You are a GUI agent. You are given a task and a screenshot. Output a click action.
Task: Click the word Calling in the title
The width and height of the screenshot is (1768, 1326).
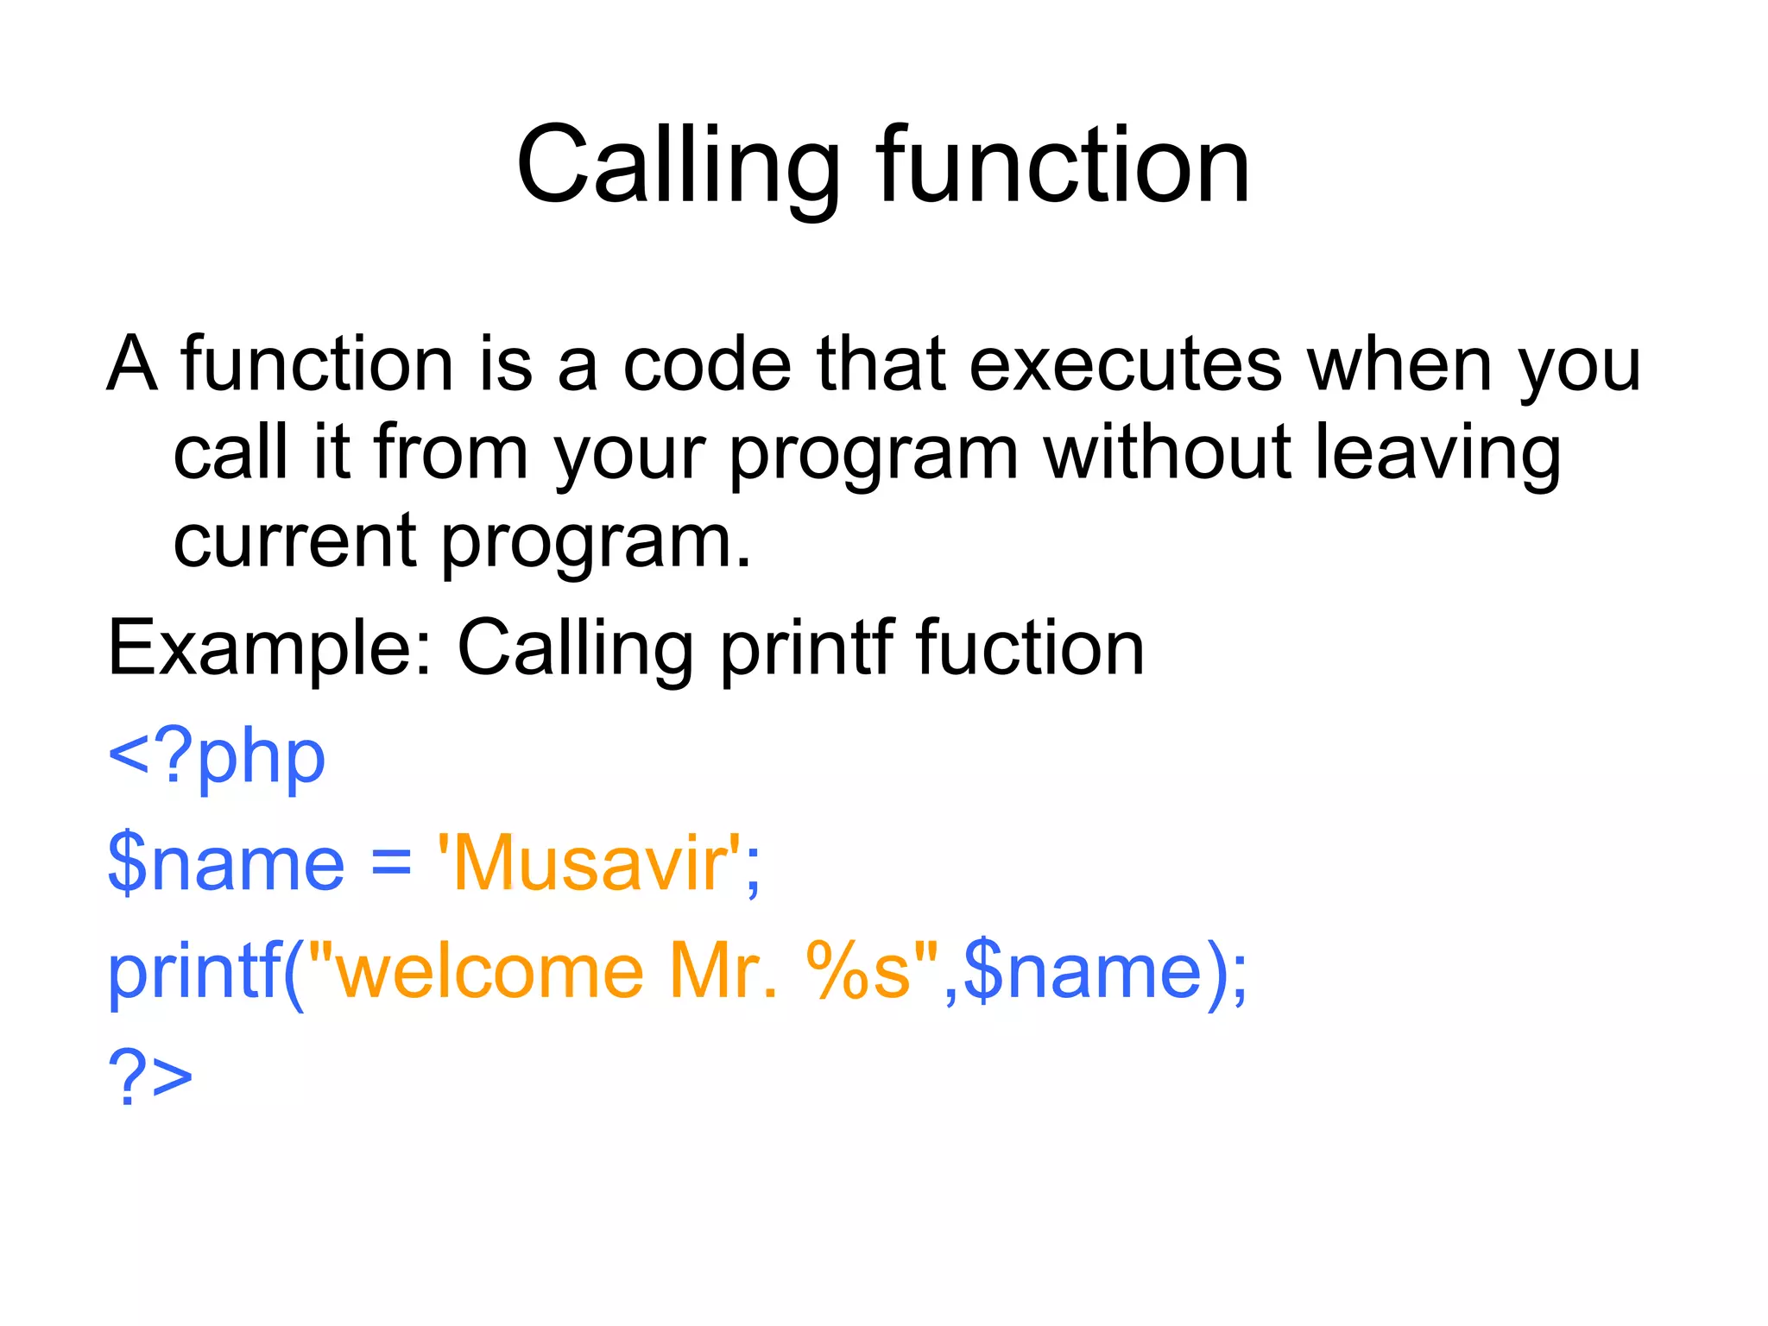(678, 166)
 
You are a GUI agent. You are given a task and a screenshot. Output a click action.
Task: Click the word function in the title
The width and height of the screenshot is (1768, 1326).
(1063, 166)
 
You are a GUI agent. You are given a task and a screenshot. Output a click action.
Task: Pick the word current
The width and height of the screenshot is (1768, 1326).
(295, 541)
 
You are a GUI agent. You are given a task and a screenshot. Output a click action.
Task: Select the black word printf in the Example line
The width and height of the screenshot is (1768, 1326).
(806, 649)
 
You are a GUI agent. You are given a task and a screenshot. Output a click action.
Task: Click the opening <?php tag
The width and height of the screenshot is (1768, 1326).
(216, 758)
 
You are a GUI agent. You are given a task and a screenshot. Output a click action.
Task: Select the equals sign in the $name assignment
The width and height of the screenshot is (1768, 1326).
(391, 866)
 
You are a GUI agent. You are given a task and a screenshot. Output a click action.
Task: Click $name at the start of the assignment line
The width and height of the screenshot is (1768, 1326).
(226, 864)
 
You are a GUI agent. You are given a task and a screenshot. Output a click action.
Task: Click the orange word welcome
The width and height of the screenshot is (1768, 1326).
(489, 972)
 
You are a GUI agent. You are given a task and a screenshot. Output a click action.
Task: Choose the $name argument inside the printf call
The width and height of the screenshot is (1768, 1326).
(1083, 972)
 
